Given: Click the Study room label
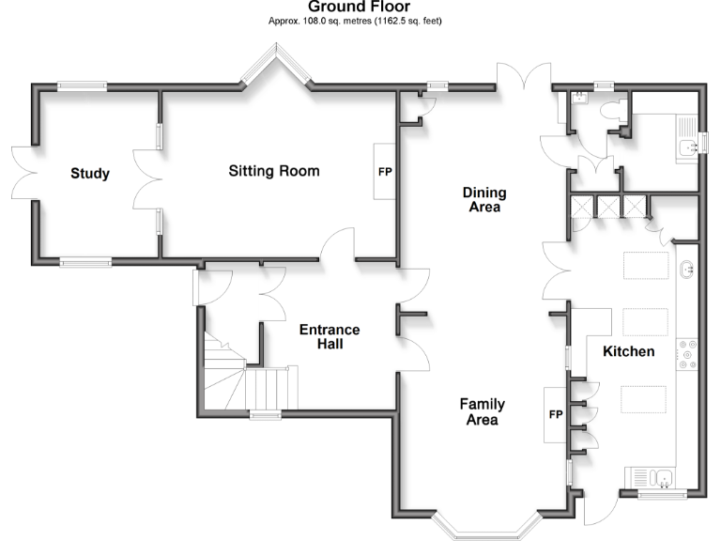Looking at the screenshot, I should click(90, 174).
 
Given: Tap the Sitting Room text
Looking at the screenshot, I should click(273, 171).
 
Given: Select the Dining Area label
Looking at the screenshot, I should click(484, 200).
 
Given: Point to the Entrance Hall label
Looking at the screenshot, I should click(329, 337).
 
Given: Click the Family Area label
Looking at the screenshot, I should click(482, 412).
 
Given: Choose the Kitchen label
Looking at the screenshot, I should click(628, 351).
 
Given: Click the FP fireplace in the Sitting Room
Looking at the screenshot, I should click(385, 172).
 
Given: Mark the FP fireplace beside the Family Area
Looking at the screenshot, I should click(555, 413).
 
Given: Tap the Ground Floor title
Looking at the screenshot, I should click(359, 8).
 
